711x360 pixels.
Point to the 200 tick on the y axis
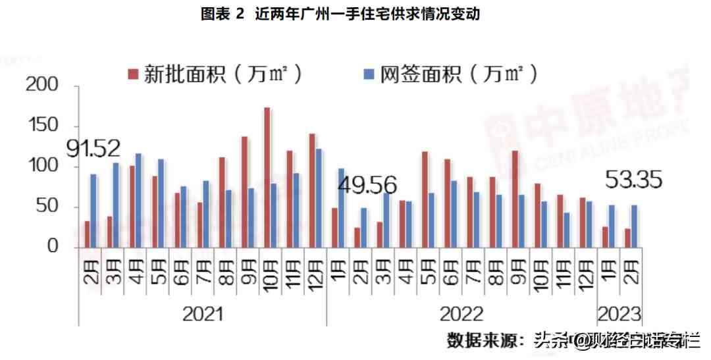tap(44, 86)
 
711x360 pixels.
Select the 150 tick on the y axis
tap(44, 126)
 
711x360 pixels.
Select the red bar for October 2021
tap(267, 178)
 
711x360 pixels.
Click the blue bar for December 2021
tap(319, 198)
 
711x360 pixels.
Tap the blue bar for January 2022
tap(341, 208)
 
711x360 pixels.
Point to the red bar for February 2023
tap(628, 238)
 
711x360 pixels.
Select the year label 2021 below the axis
tap(203, 313)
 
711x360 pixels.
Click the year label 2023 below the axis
tap(619, 313)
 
